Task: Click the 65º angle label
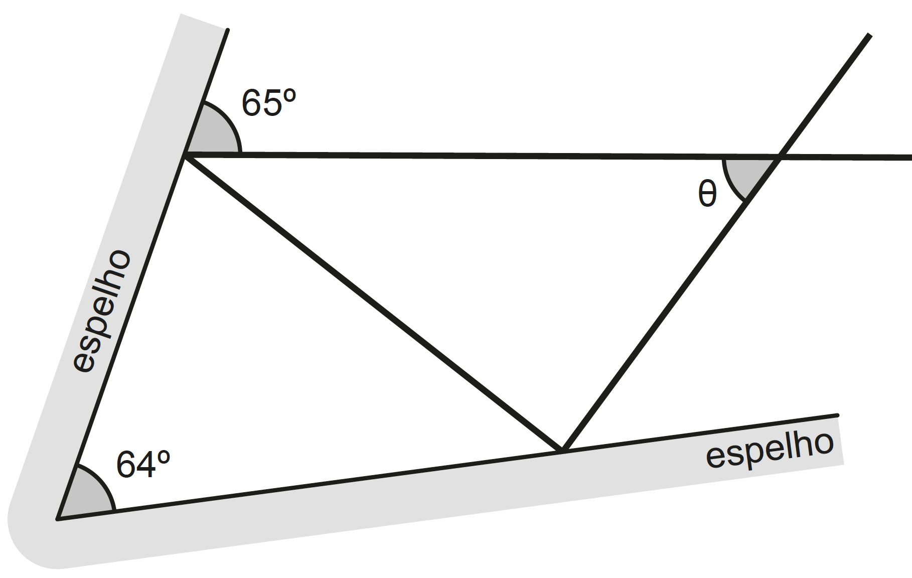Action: pyautogui.click(x=268, y=103)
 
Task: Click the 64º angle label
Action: pyautogui.click(x=143, y=464)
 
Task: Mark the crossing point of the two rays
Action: pyautogui.click(x=779, y=158)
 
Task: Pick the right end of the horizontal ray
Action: pyautogui.click(x=909, y=158)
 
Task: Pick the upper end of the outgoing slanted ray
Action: pyautogui.click(x=869, y=36)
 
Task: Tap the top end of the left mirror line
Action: pyautogui.click(x=228, y=30)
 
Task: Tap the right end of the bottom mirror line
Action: pyautogui.click(x=837, y=415)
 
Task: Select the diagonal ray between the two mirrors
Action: pyautogui.click(x=374, y=303)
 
